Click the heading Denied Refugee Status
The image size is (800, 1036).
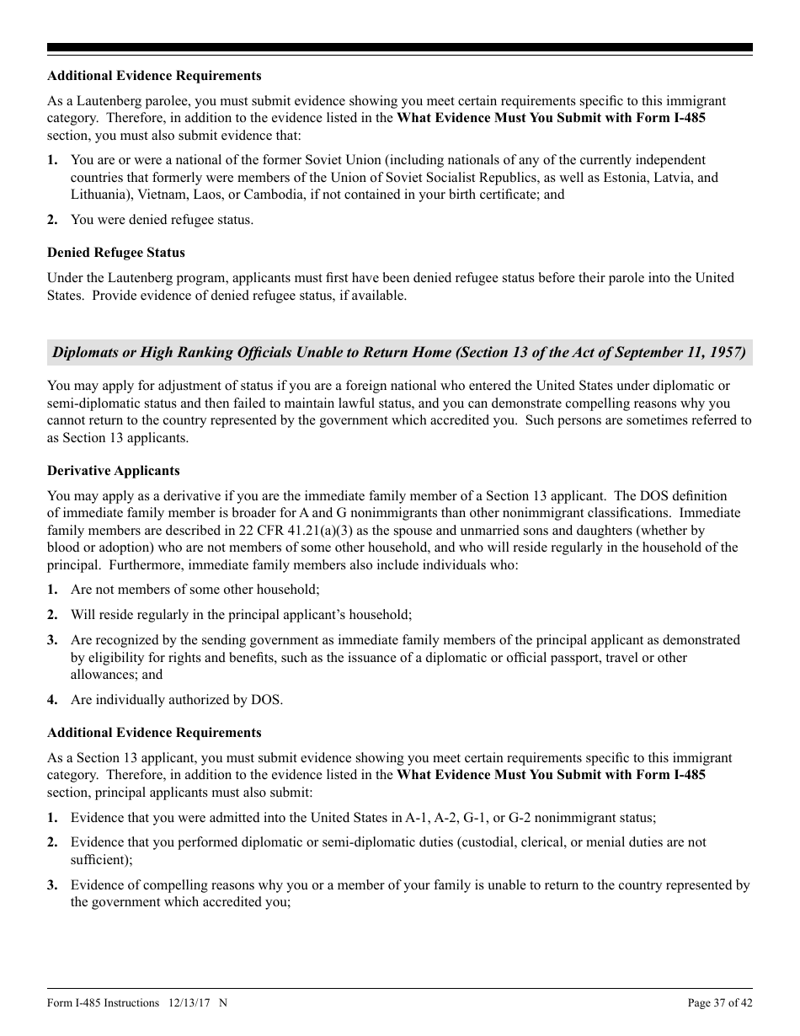click(116, 253)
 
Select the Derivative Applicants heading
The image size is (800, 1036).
click(114, 471)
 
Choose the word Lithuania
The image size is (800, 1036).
click(100, 195)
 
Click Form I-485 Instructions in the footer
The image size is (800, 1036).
click(103, 1003)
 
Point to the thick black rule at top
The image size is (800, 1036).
click(400, 48)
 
